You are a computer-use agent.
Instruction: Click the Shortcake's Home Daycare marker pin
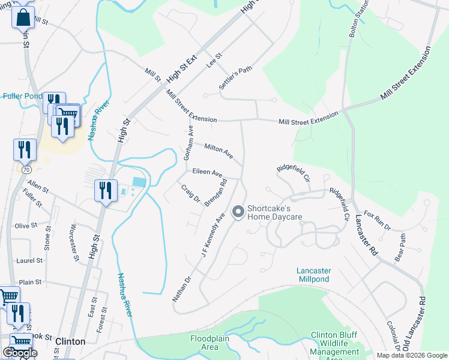[238, 211]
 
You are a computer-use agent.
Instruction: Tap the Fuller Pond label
[22, 96]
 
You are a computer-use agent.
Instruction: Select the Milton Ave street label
[218, 151]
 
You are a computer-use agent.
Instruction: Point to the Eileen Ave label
[207, 173]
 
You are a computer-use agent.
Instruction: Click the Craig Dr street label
[190, 193]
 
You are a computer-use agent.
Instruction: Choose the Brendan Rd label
[215, 193]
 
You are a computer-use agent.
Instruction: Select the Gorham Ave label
[189, 142]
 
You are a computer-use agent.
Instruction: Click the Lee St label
[214, 61]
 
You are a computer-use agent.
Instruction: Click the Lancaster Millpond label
[314, 275]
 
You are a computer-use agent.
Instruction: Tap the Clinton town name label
[70, 341]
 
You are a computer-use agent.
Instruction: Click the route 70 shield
[26, 170]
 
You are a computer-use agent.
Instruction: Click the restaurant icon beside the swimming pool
[106, 191]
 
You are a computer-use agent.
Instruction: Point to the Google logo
[20, 353]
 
